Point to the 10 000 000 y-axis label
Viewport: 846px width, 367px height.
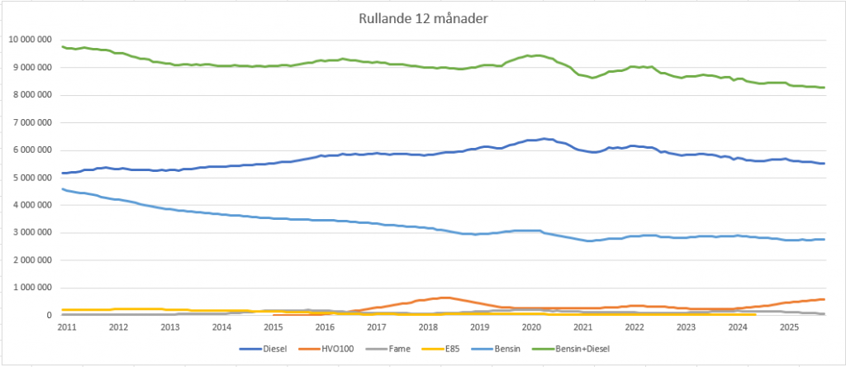point(30,40)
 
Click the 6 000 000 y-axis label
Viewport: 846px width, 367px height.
point(32,150)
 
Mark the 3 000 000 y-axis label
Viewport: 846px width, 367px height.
point(32,232)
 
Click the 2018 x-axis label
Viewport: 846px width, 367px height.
point(428,327)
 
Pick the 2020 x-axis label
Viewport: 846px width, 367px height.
point(531,327)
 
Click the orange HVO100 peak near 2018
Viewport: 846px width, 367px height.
point(444,298)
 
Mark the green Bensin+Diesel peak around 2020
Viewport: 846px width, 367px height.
point(538,55)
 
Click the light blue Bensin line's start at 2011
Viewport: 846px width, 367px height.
point(64,189)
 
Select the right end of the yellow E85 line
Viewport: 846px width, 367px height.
point(754,314)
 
